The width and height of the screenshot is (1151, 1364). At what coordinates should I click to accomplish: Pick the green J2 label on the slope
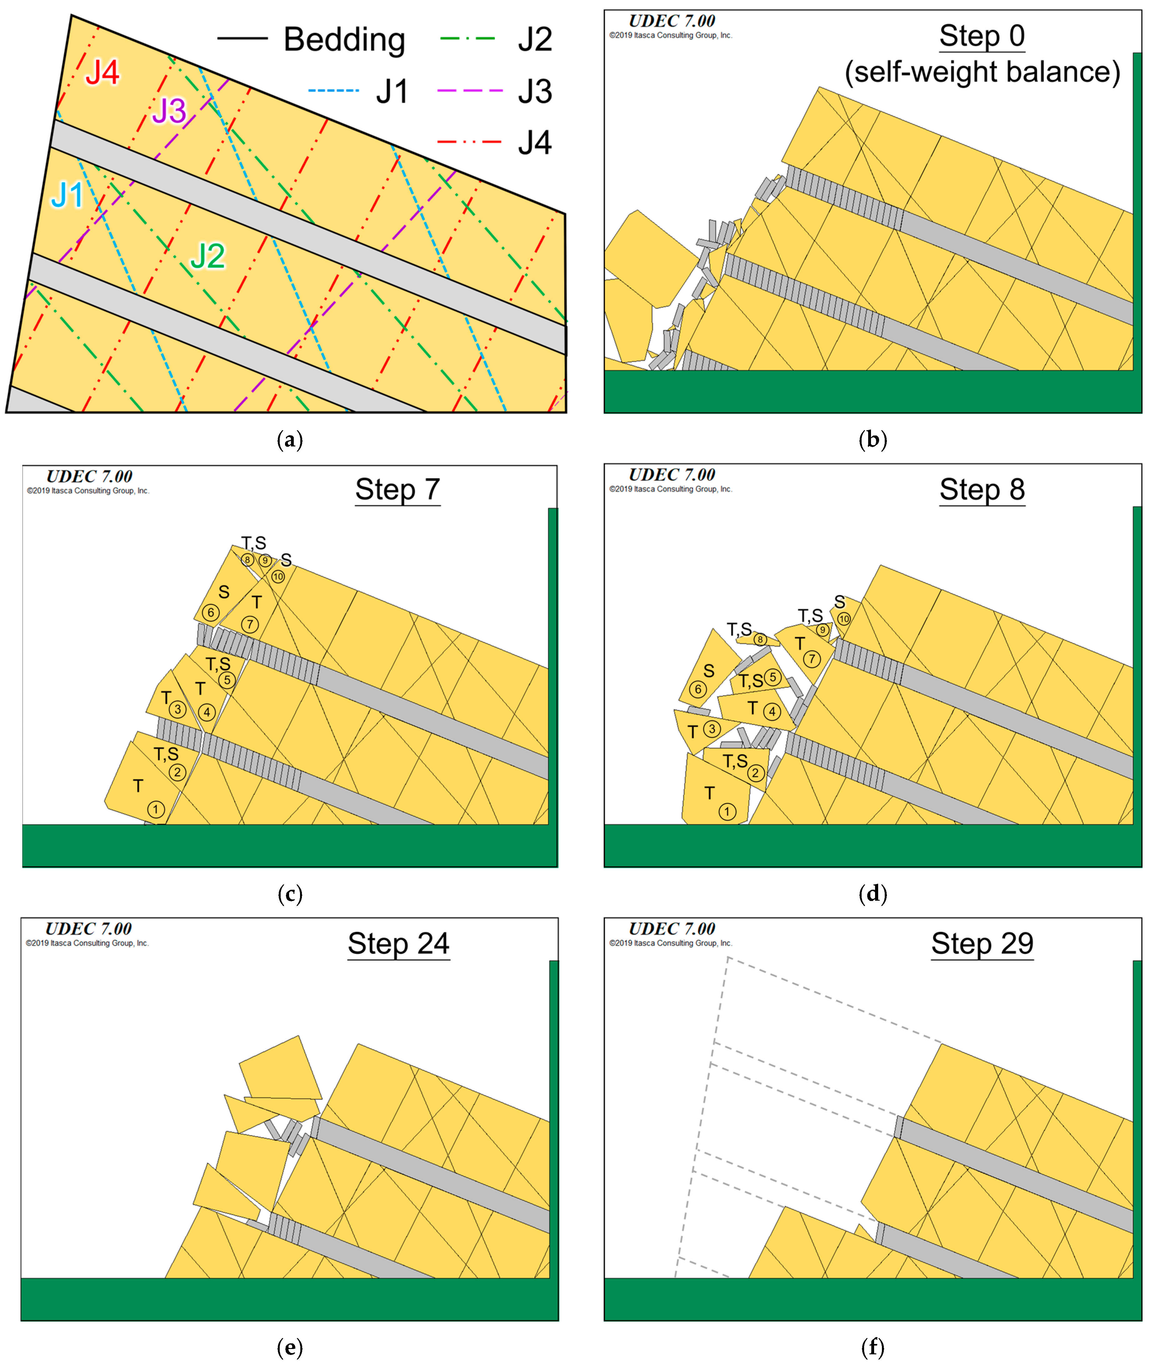click(208, 256)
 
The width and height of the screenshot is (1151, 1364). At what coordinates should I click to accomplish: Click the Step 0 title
click(982, 36)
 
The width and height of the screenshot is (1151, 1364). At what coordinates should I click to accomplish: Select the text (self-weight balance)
click(982, 72)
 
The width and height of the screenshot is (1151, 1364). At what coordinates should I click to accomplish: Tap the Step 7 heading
click(398, 490)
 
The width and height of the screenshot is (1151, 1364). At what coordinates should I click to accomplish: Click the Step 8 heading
click(982, 490)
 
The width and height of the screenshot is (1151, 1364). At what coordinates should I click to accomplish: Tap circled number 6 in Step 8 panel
click(698, 689)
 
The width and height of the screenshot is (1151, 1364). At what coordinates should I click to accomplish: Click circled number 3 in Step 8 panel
click(712, 729)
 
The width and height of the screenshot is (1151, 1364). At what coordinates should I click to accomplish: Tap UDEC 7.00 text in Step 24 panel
click(89, 929)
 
